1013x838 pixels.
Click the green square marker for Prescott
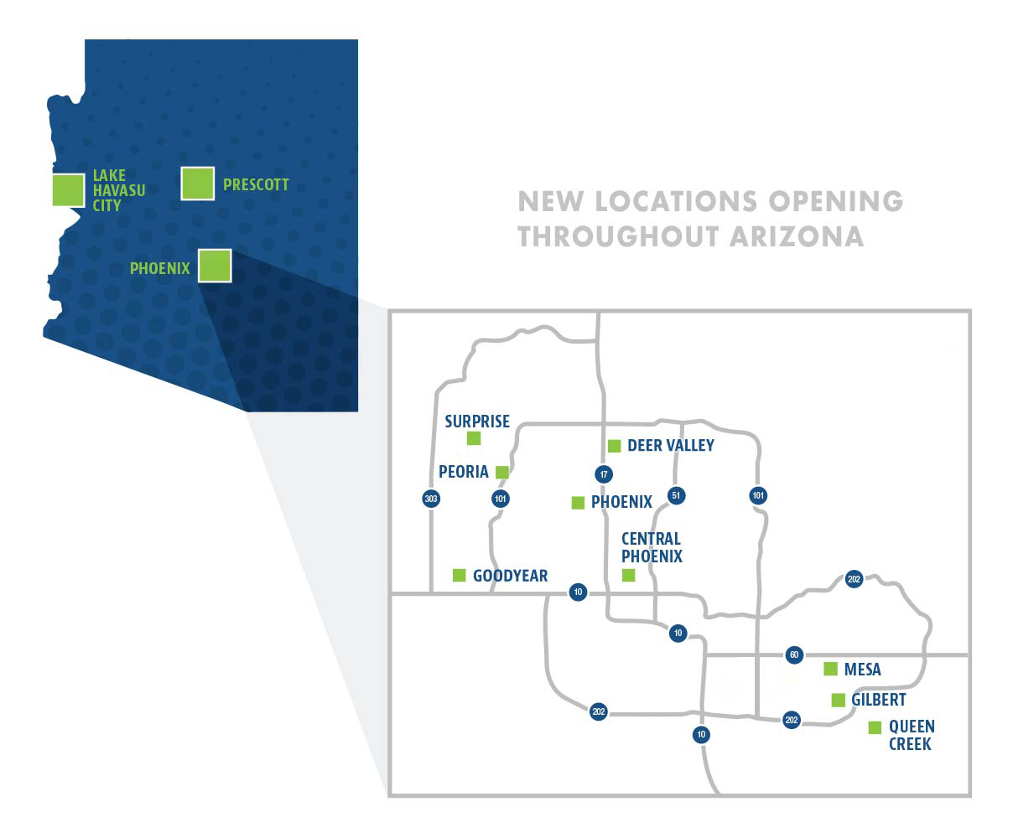click(198, 184)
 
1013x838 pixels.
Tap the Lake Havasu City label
click(118, 190)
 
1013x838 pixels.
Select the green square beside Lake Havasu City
click(68, 190)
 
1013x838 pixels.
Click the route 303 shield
click(431, 499)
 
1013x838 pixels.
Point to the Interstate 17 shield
click(603, 474)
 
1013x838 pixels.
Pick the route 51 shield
click(676, 495)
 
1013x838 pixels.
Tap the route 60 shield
click(794, 654)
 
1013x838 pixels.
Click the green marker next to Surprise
click(474, 438)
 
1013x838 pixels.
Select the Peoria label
click(463, 472)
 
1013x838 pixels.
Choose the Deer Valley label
click(670, 446)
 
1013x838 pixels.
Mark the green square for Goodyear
click(459, 575)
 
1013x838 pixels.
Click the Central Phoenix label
click(652, 547)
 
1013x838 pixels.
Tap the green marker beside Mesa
click(830, 669)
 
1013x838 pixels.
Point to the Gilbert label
click(878, 700)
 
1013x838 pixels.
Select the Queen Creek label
click(911, 735)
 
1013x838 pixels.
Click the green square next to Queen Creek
click(875, 727)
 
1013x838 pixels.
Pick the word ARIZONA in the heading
click(797, 236)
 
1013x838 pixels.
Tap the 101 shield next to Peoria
click(501, 499)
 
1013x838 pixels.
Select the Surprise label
click(477, 422)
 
